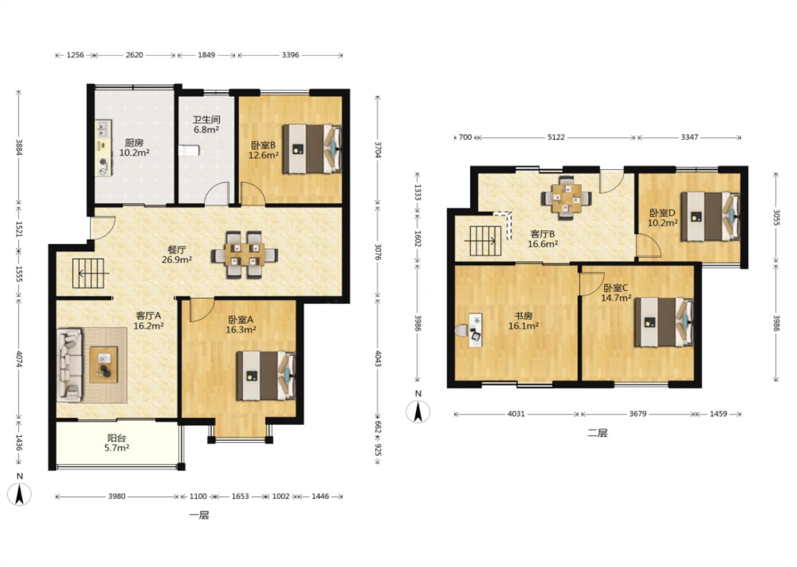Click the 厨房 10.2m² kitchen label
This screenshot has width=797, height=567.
(x=134, y=148)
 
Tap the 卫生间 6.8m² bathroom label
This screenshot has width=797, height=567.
(x=206, y=125)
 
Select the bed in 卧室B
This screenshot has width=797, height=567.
(x=312, y=149)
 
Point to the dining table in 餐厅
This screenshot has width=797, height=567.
(x=245, y=255)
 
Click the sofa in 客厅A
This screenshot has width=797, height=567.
(x=69, y=365)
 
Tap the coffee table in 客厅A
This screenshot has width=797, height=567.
(x=103, y=365)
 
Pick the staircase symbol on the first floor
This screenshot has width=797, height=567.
(x=89, y=274)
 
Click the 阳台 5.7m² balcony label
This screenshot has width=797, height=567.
(x=116, y=443)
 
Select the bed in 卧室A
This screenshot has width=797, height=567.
(x=266, y=376)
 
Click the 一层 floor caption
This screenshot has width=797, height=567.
(x=199, y=515)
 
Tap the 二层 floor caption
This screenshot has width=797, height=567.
(x=597, y=433)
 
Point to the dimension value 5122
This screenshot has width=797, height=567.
(x=556, y=137)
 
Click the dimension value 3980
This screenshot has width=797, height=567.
(x=117, y=496)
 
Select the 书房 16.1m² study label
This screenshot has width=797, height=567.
(x=523, y=321)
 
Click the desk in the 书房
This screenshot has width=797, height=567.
(x=475, y=330)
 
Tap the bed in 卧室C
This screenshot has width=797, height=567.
(x=664, y=322)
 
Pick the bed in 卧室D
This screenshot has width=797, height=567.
(x=711, y=217)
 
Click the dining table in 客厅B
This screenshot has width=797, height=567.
(x=566, y=198)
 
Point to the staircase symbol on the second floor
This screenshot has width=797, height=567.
(x=485, y=241)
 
